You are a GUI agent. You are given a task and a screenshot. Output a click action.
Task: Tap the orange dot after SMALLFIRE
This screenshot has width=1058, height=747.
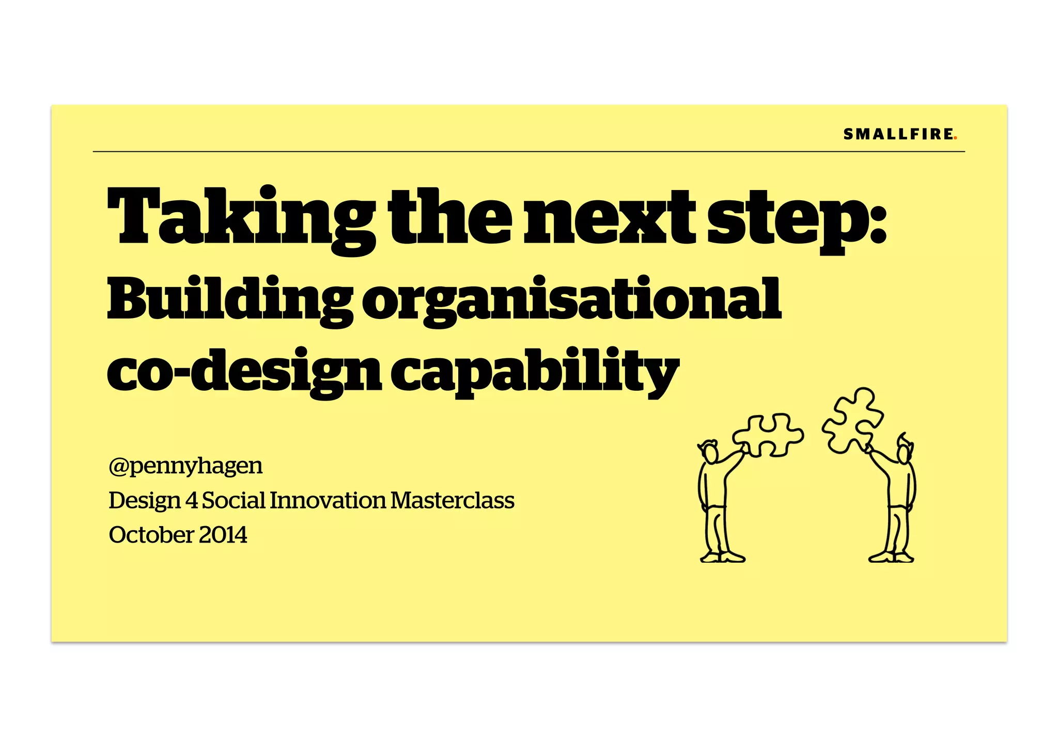tap(956, 138)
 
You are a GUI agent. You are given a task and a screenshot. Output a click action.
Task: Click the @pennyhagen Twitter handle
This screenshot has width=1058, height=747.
tap(185, 466)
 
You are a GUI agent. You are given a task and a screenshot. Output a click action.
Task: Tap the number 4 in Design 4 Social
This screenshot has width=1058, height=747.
tap(191, 500)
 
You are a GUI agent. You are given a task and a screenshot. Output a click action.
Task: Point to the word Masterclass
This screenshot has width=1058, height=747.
tap(453, 500)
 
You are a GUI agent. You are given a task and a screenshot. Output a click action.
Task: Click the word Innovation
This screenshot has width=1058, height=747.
tap(328, 500)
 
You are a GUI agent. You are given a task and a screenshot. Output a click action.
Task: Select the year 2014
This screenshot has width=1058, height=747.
tap(223, 535)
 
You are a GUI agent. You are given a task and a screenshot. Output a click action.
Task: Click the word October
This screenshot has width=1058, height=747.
tap(151, 535)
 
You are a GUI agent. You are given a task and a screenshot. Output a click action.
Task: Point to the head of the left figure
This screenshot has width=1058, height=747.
tap(710, 453)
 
